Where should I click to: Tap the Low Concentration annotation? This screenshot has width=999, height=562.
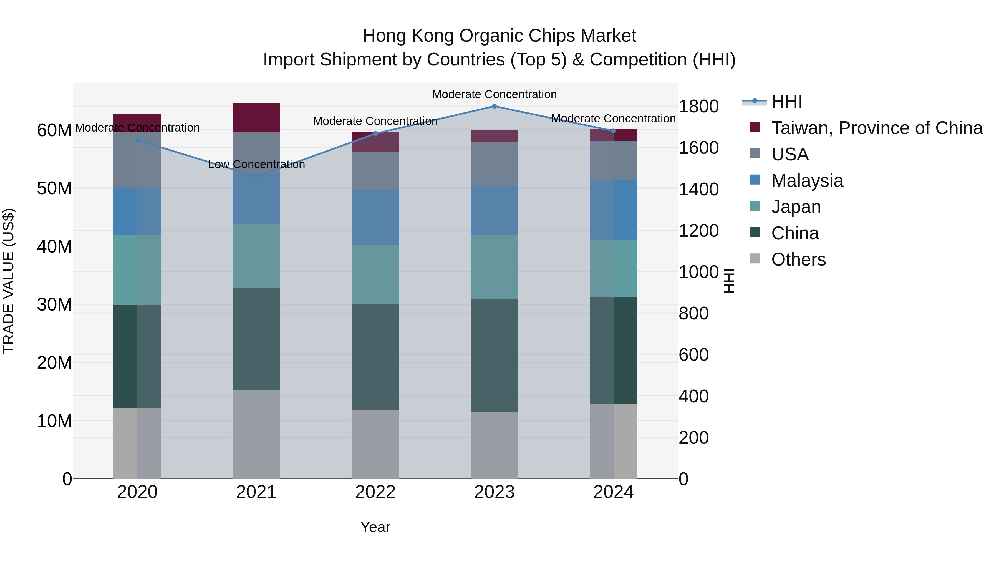point(256,165)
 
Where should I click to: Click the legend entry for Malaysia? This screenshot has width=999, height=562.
point(807,181)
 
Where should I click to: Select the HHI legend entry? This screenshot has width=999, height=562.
point(786,102)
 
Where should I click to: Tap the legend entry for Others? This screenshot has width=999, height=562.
point(798,259)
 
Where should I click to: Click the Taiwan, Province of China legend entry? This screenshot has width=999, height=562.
point(876,128)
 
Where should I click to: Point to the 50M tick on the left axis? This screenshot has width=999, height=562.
point(54,188)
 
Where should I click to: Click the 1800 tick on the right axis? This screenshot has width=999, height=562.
point(698,106)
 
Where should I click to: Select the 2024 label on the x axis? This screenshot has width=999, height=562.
point(613,492)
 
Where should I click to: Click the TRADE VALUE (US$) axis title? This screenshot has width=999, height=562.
point(9,281)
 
